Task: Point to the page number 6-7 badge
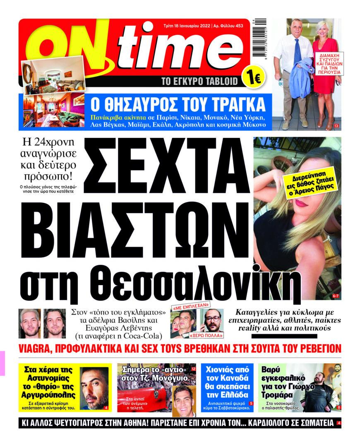(336, 296)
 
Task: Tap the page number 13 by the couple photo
(336, 126)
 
